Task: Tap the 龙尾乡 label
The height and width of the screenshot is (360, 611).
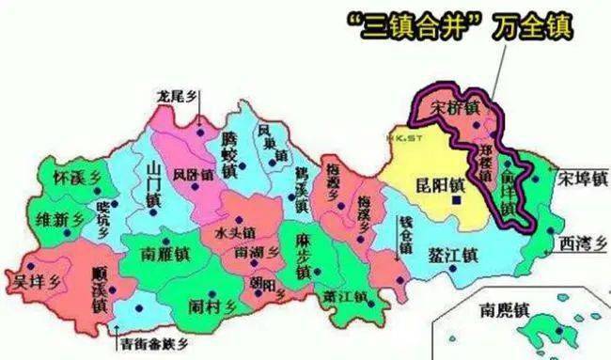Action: coord(180,94)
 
